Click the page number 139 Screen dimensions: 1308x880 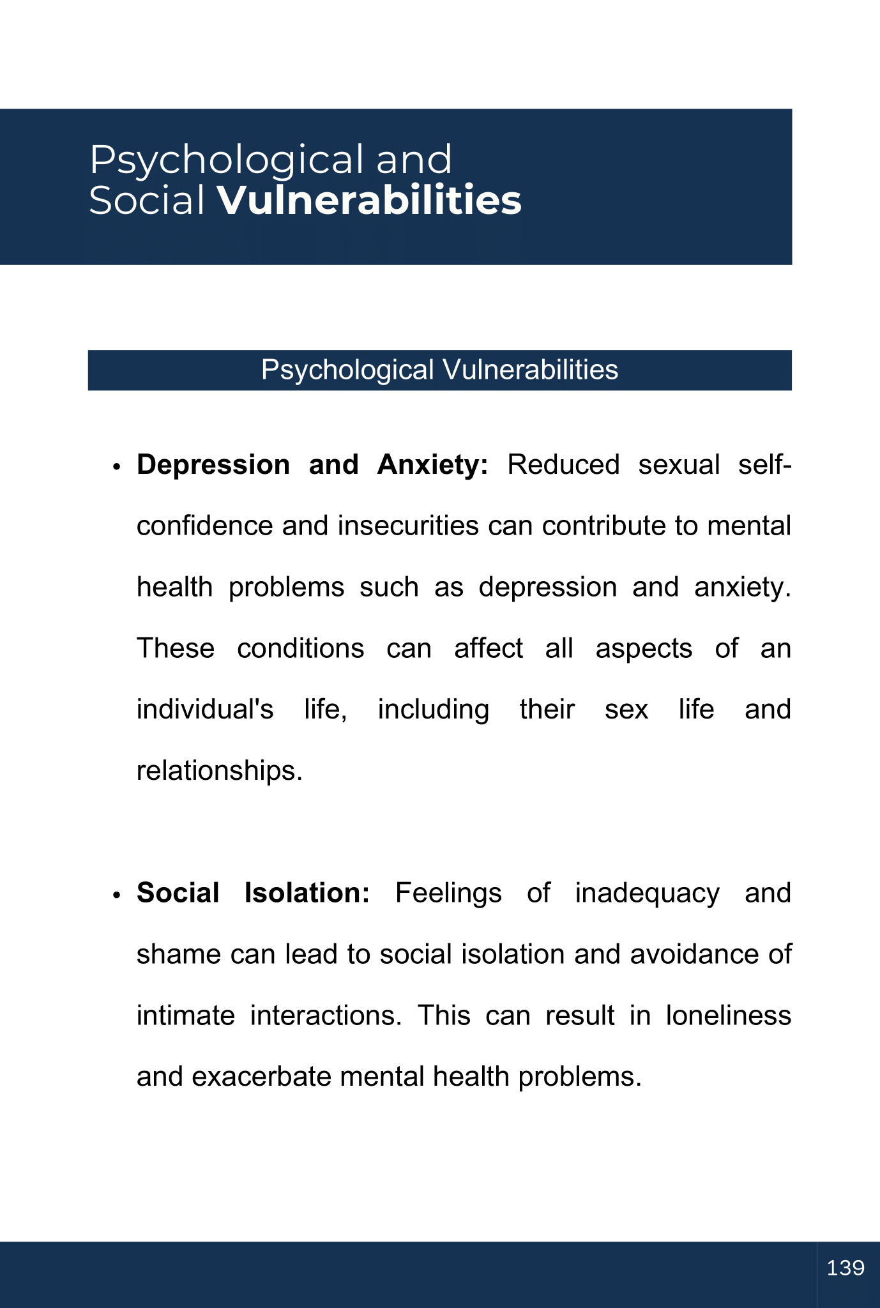[x=846, y=1268]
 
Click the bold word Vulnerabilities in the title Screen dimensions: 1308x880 [x=369, y=201]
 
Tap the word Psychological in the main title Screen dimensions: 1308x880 [x=227, y=160]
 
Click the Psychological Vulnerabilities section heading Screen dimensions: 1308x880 [x=439, y=370]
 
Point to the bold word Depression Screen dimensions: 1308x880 [x=213, y=465]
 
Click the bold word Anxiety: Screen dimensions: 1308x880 [x=432, y=465]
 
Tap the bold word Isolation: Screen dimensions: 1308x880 [x=307, y=893]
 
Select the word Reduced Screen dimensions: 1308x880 [x=563, y=465]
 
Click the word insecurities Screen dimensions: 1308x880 [x=408, y=526]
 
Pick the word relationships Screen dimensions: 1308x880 [x=219, y=771]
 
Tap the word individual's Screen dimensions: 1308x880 [x=205, y=710]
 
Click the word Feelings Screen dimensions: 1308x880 [x=448, y=893]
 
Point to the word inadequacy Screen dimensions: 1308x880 [x=647, y=893]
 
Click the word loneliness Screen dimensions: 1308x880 [x=728, y=1015]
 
